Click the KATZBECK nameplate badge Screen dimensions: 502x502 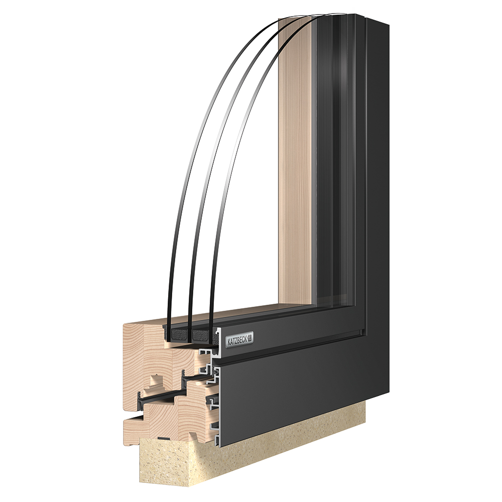pyautogui.click(x=240, y=339)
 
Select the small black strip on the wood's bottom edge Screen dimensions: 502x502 pyautogui.click(x=164, y=437)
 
